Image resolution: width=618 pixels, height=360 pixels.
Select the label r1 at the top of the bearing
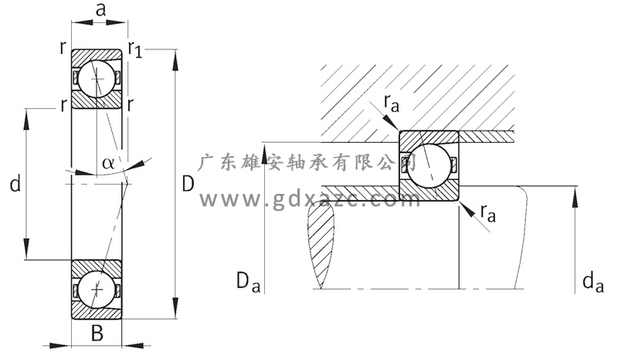pos(135,51)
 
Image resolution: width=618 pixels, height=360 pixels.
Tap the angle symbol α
pos(108,163)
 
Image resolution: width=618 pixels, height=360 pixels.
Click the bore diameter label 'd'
pos(15,184)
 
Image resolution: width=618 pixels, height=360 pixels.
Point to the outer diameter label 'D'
pos(188,184)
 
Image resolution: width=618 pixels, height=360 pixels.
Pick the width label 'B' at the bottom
pos(97,335)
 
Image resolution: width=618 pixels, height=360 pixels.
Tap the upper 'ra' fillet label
pos(390,102)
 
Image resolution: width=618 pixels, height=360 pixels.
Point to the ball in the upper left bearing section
pos(97,79)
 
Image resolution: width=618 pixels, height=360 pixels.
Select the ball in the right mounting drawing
pos(429,165)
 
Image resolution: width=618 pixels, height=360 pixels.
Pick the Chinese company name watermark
pos(309,163)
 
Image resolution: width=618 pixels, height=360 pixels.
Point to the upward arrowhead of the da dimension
pos(576,193)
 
